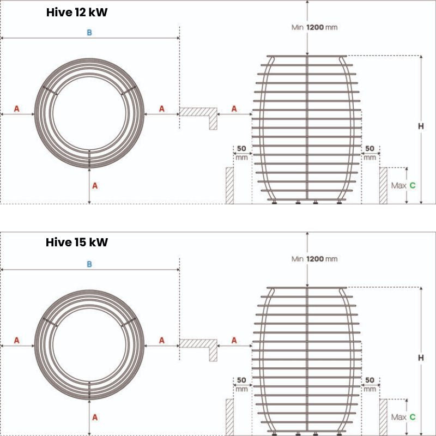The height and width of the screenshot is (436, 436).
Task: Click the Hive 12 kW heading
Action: click(77, 13)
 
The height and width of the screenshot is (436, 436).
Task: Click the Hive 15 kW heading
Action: click(77, 242)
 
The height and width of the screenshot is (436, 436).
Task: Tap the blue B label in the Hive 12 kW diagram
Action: click(89, 33)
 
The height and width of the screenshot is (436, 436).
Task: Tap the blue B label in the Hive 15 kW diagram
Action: click(89, 264)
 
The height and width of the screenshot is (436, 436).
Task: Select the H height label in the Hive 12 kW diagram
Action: click(421, 126)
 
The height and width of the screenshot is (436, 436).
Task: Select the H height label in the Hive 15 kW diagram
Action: click(421, 358)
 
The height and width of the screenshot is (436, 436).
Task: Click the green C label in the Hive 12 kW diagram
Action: click(413, 185)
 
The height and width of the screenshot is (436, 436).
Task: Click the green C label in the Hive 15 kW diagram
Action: click(413, 417)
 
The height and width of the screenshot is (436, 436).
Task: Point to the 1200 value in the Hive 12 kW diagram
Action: click(315, 27)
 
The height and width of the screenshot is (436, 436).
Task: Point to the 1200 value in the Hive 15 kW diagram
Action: click(315, 259)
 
